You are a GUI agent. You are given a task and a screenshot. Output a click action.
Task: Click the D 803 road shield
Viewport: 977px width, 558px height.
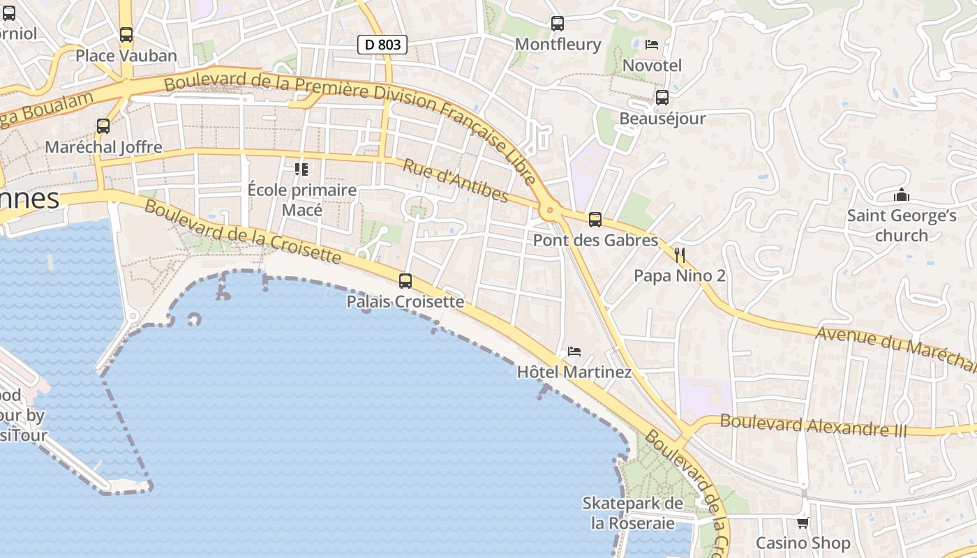click(382, 45)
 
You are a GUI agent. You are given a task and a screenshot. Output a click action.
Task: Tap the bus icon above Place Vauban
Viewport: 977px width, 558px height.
click(126, 34)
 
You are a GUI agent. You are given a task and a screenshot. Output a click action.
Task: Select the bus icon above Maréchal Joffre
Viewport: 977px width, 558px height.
click(103, 126)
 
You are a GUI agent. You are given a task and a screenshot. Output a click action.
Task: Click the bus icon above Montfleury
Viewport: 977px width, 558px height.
click(557, 24)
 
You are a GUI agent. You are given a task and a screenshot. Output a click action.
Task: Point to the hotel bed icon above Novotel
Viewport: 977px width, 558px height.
click(652, 45)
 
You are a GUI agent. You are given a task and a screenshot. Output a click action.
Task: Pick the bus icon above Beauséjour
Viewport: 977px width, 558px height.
click(662, 98)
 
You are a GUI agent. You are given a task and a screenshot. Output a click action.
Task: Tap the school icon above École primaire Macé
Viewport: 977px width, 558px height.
click(301, 169)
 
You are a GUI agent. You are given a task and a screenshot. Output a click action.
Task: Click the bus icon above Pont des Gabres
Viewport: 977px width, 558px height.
click(595, 220)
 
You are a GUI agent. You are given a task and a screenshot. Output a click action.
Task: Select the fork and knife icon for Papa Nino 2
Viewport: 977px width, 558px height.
click(680, 255)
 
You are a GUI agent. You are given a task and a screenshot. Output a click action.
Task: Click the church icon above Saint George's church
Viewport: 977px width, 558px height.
click(902, 195)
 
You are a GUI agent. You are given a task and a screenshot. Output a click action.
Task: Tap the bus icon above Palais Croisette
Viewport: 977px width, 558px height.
click(405, 281)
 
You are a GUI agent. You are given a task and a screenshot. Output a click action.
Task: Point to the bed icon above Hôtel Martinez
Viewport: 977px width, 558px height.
click(574, 351)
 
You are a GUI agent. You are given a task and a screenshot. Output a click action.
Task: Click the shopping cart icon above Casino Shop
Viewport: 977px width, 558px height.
click(803, 522)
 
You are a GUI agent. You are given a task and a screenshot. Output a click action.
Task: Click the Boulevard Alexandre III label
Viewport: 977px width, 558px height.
click(813, 425)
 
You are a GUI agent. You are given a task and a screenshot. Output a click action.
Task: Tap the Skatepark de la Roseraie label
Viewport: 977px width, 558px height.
click(633, 513)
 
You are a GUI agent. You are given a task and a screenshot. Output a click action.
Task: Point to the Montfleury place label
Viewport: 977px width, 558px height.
click(558, 45)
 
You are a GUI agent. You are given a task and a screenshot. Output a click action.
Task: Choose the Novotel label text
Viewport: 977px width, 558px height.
click(652, 66)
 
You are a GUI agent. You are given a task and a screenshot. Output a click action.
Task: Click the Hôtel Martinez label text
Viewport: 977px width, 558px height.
click(574, 372)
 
